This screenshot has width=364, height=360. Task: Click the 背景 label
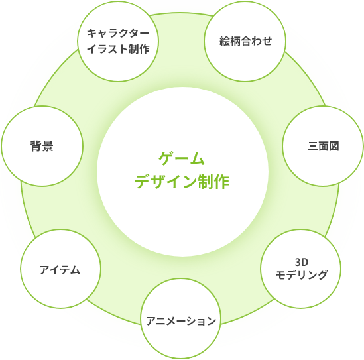tap(42, 147)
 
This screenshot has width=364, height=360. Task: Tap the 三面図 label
tap(324, 147)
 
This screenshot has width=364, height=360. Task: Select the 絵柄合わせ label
tap(245, 41)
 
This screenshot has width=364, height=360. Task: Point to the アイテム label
tap(60, 270)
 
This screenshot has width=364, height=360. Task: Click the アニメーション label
tap(181, 321)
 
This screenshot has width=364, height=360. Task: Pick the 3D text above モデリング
tap(302, 263)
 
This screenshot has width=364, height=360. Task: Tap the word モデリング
tap(302, 275)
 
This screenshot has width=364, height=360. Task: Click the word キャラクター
tap(118, 33)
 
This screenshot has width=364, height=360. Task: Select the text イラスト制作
tap(118, 49)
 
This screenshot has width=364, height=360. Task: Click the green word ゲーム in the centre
tap(182, 158)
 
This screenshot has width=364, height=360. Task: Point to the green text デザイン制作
tap(182, 181)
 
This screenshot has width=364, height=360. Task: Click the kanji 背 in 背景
tap(36, 147)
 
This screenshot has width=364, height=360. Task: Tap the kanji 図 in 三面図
tap(334, 147)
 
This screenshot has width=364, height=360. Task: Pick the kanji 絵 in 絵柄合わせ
tap(225, 41)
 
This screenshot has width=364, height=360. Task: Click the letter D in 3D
tap(305, 263)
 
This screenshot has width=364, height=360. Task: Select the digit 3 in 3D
tap(298, 263)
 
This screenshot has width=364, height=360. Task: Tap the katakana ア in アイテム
tap(44, 270)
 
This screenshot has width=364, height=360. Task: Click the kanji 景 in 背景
tap(48, 147)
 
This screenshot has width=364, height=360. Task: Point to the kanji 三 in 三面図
tap(313, 147)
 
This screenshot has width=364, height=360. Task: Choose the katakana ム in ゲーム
tap(198, 158)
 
